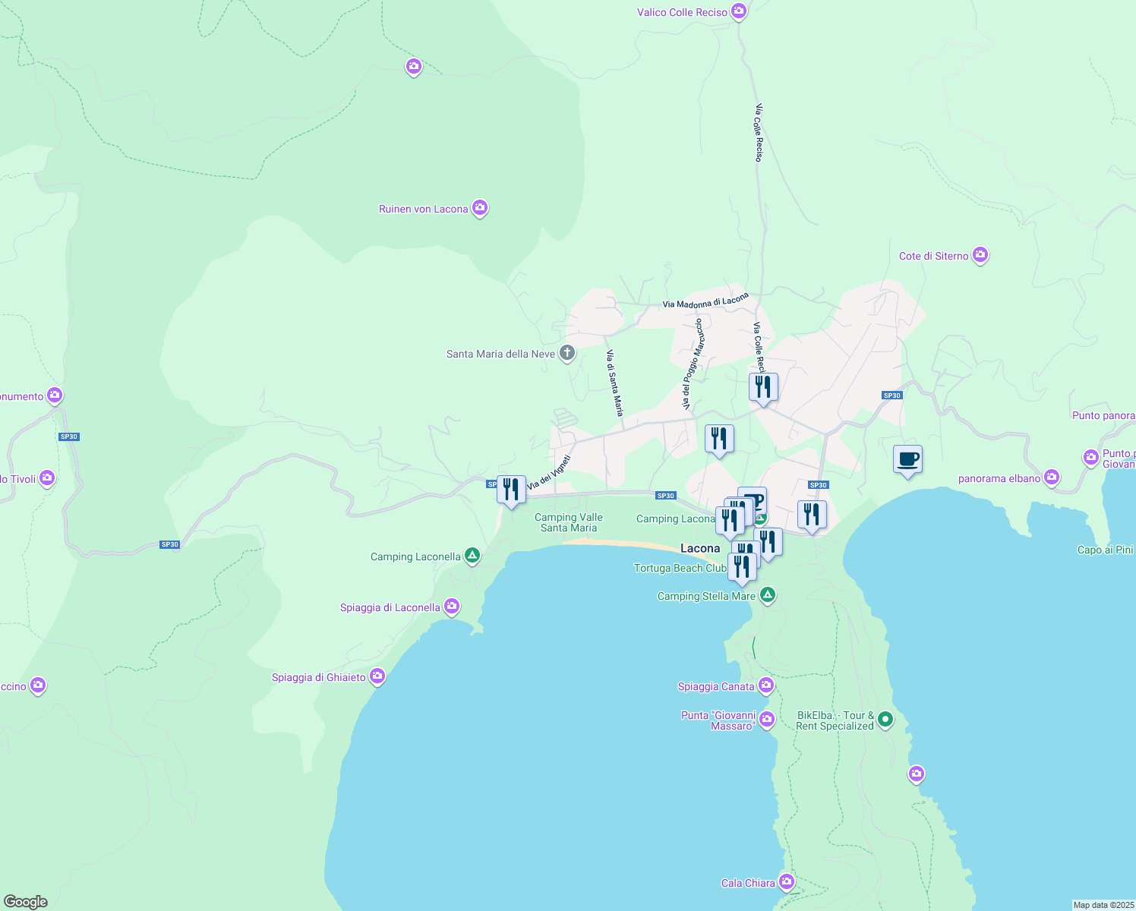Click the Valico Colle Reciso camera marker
[x=738, y=11]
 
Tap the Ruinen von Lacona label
[x=423, y=209]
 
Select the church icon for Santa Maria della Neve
[x=566, y=353]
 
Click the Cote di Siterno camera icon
[x=980, y=255]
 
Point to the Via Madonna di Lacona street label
[x=705, y=301]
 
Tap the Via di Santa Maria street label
[x=614, y=383]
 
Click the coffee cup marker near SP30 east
[x=907, y=460]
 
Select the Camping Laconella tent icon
[x=472, y=556]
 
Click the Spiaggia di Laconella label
[x=390, y=607]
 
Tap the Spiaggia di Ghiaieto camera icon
[x=377, y=676]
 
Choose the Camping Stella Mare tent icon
[x=768, y=595]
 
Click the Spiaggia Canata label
[x=716, y=686]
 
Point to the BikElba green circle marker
[x=885, y=720]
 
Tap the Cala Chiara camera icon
[x=786, y=882]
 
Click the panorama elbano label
[x=999, y=478]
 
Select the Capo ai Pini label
[x=1105, y=550]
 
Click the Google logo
[x=25, y=902]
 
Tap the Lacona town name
[x=699, y=548]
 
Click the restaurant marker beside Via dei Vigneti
[x=511, y=490]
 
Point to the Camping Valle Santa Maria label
[x=568, y=522]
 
